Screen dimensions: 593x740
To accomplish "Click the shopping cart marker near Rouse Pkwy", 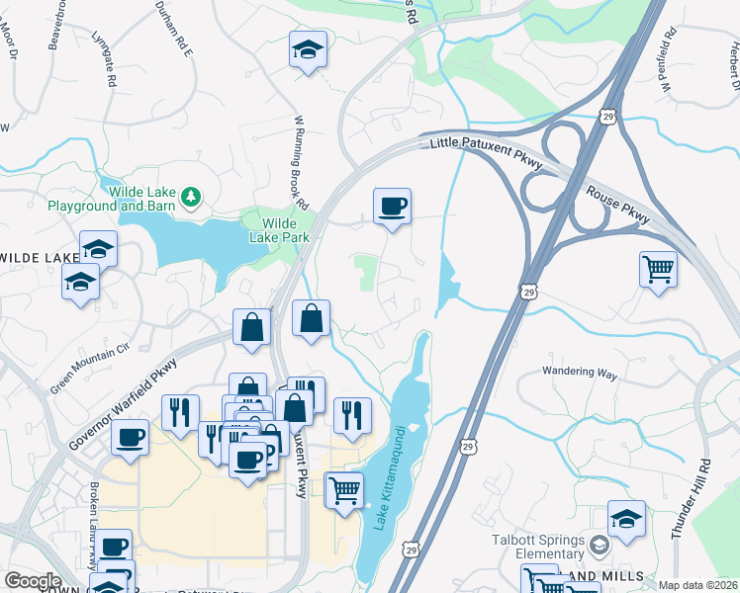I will tap(658, 269).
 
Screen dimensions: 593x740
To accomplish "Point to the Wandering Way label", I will tap(579, 375).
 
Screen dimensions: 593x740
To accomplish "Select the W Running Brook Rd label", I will tap(299, 154).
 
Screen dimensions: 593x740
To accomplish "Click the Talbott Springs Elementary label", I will tap(539, 546).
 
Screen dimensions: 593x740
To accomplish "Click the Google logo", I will tap(33, 581).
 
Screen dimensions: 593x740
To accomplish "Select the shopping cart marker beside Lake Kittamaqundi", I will tap(343, 489).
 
